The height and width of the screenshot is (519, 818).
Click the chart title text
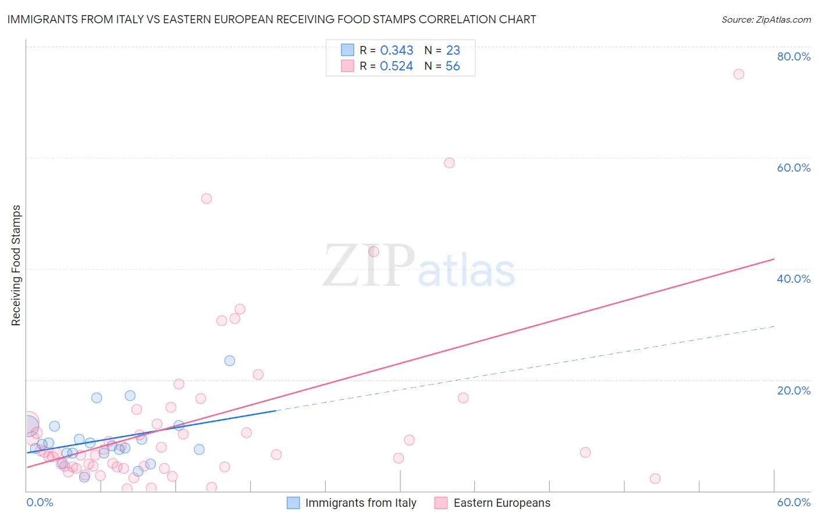pos(272,19)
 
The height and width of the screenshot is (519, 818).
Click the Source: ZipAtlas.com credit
pos(766,19)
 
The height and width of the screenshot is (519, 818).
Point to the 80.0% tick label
pos(794,56)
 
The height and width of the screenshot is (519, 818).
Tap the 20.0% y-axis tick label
pos(794,390)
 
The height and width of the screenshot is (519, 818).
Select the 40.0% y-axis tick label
pos(794,279)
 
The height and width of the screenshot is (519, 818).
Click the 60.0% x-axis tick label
pos(794,502)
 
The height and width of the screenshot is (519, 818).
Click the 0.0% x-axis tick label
pos(40,502)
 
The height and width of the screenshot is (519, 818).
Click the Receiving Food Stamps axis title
pos(16,265)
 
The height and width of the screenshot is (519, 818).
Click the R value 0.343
pos(396,51)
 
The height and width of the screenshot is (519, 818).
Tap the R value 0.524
pos(396,66)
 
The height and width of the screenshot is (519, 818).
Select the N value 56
pos(453,66)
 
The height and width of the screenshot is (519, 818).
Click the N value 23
pos(453,51)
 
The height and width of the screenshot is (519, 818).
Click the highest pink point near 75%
pos(739,74)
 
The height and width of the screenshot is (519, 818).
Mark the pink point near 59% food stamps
pos(449,163)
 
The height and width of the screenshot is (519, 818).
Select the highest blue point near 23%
pos(230,361)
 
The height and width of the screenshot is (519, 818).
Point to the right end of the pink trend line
pos(774,258)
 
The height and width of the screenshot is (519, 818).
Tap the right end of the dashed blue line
pos(774,326)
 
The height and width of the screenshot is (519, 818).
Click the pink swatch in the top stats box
pos(347,66)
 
